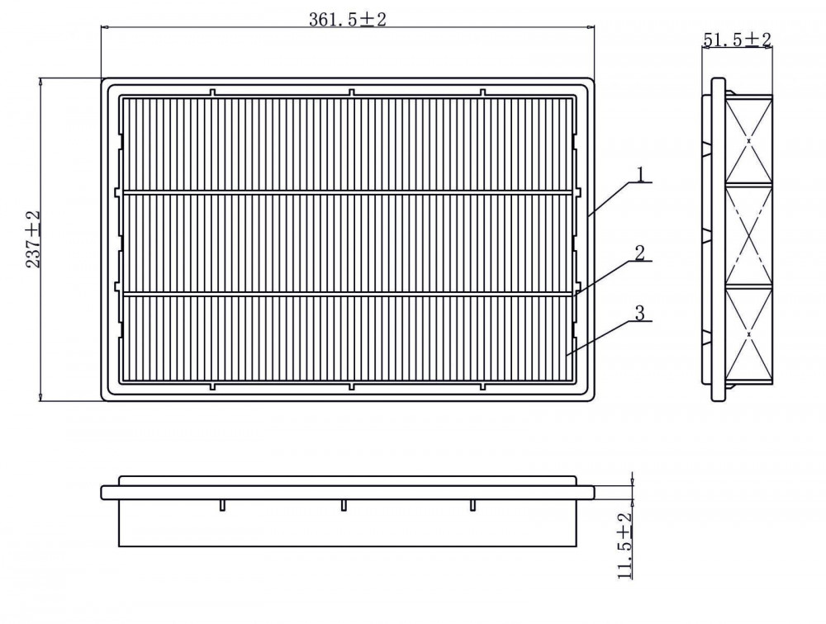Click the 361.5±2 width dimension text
pyautogui.click(x=348, y=19)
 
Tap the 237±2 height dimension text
pyautogui.click(x=34, y=239)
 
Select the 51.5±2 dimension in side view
pyautogui.click(x=738, y=39)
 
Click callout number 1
pyautogui.click(x=641, y=174)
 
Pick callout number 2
pyautogui.click(x=640, y=253)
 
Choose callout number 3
pyautogui.click(x=640, y=314)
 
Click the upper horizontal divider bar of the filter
pyautogui.click(x=348, y=192)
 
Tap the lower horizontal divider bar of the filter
pyautogui.click(x=348, y=293)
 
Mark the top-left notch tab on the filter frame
pyautogui.click(x=213, y=92)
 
